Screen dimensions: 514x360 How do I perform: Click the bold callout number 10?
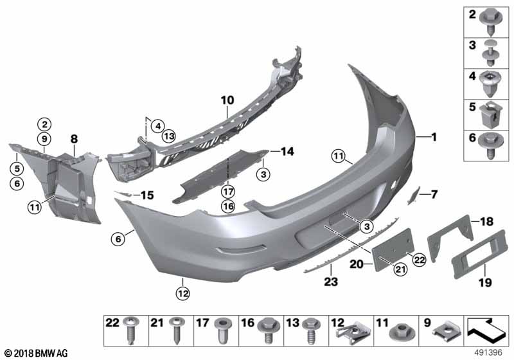pyautogui.click(x=227, y=100)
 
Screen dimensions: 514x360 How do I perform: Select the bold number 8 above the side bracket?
pyautogui.click(x=75, y=139)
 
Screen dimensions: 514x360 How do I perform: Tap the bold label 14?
pyautogui.click(x=287, y=152)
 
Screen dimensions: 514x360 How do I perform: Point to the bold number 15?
pyautogui.click(x=147, y=195)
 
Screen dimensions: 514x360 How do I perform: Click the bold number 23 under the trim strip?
pyautogui.click(x=331, y=282)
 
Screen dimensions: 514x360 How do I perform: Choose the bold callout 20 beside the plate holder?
pyautogui.click(x=357, y=264)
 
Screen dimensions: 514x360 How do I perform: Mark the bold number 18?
pyautogui.click(x=487, y=222)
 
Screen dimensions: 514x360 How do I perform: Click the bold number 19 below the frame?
pyautogui.click(x=486, y=282)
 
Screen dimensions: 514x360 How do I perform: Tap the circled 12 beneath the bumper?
pyautogui.click(x=183, y=293)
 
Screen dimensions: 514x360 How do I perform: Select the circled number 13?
pyautogui.click(x=169, y=136)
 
